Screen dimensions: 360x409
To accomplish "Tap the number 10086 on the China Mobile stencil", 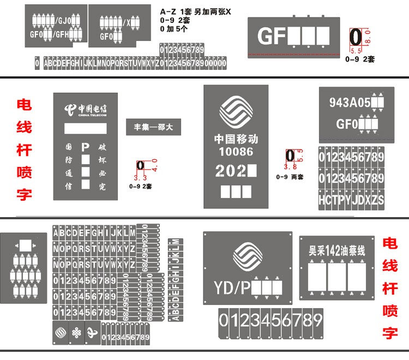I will click(236, 151).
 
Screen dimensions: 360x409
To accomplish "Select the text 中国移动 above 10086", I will click(236, 139).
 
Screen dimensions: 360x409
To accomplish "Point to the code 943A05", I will click(350, 102).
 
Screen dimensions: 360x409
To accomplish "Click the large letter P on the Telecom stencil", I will click(85, 147).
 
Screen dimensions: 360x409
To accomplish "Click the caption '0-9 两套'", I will click(290, 177).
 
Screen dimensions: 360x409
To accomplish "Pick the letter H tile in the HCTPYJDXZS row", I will click(322, 200).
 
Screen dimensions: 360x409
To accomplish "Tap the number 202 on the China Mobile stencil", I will click(231, 171).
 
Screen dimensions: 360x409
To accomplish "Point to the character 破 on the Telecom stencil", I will click(102, 147).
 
